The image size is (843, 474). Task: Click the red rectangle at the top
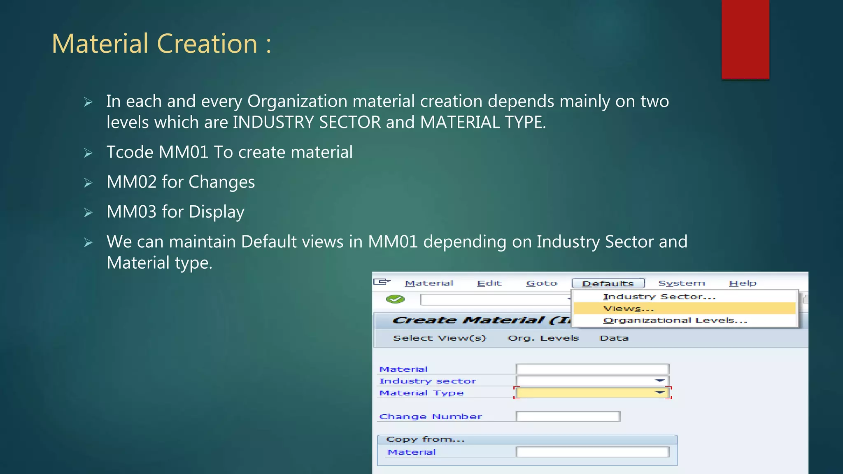[745, 39]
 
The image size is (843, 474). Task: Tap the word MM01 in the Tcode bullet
[184, 152]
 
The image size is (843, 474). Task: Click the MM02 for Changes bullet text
[180, 182]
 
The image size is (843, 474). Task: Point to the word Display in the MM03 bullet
[217, 212]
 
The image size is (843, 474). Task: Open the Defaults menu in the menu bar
[608, 283]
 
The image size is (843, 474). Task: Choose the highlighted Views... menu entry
[629, 309]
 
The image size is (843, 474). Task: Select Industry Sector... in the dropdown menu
[659, 297]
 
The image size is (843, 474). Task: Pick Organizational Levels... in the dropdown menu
[675, 321]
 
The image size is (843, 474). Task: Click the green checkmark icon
[395, 299]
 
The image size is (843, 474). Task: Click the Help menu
[743, 283]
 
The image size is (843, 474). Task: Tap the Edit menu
[489, 283]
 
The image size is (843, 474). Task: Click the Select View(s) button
[440, 338]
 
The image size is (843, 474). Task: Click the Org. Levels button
[543, 338]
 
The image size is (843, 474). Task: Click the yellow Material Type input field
[585, 393]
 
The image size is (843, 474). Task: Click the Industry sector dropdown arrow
[660, 381]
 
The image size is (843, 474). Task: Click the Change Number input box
[568, 416]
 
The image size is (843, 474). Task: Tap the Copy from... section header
[426, 439]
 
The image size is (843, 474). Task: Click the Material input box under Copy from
[592, 452]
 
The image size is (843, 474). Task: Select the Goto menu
[541, 283]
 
